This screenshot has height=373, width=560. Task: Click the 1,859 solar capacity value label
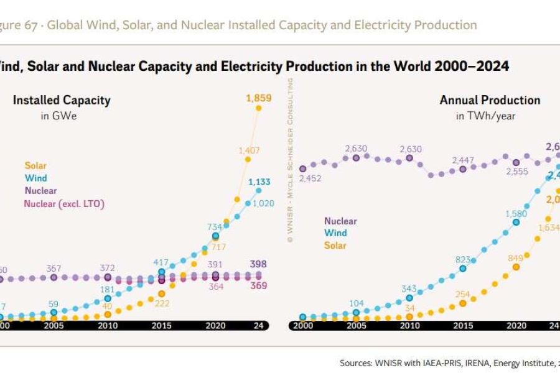point(258,98)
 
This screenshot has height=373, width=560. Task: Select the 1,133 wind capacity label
point(258,182)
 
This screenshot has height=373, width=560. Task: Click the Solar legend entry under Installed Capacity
point(35,166)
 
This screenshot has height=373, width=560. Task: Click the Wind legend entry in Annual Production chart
point(335,233)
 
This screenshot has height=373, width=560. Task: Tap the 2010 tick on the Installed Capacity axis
point(107,325)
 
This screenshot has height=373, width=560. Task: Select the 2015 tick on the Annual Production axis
point(462,325)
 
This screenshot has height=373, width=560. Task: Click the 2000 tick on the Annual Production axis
point(303,325)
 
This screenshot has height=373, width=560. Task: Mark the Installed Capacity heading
point(62,100)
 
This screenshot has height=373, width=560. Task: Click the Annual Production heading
point(490,100)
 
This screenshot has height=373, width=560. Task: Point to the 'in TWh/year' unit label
point(485,116)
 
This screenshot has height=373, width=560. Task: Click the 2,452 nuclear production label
point(309,179)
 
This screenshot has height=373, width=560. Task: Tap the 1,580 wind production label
point(516,214)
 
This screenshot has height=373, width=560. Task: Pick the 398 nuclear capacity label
point(258,264)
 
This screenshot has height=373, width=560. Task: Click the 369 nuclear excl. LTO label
point(258,286)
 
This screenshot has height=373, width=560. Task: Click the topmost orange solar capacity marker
point(258,108)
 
